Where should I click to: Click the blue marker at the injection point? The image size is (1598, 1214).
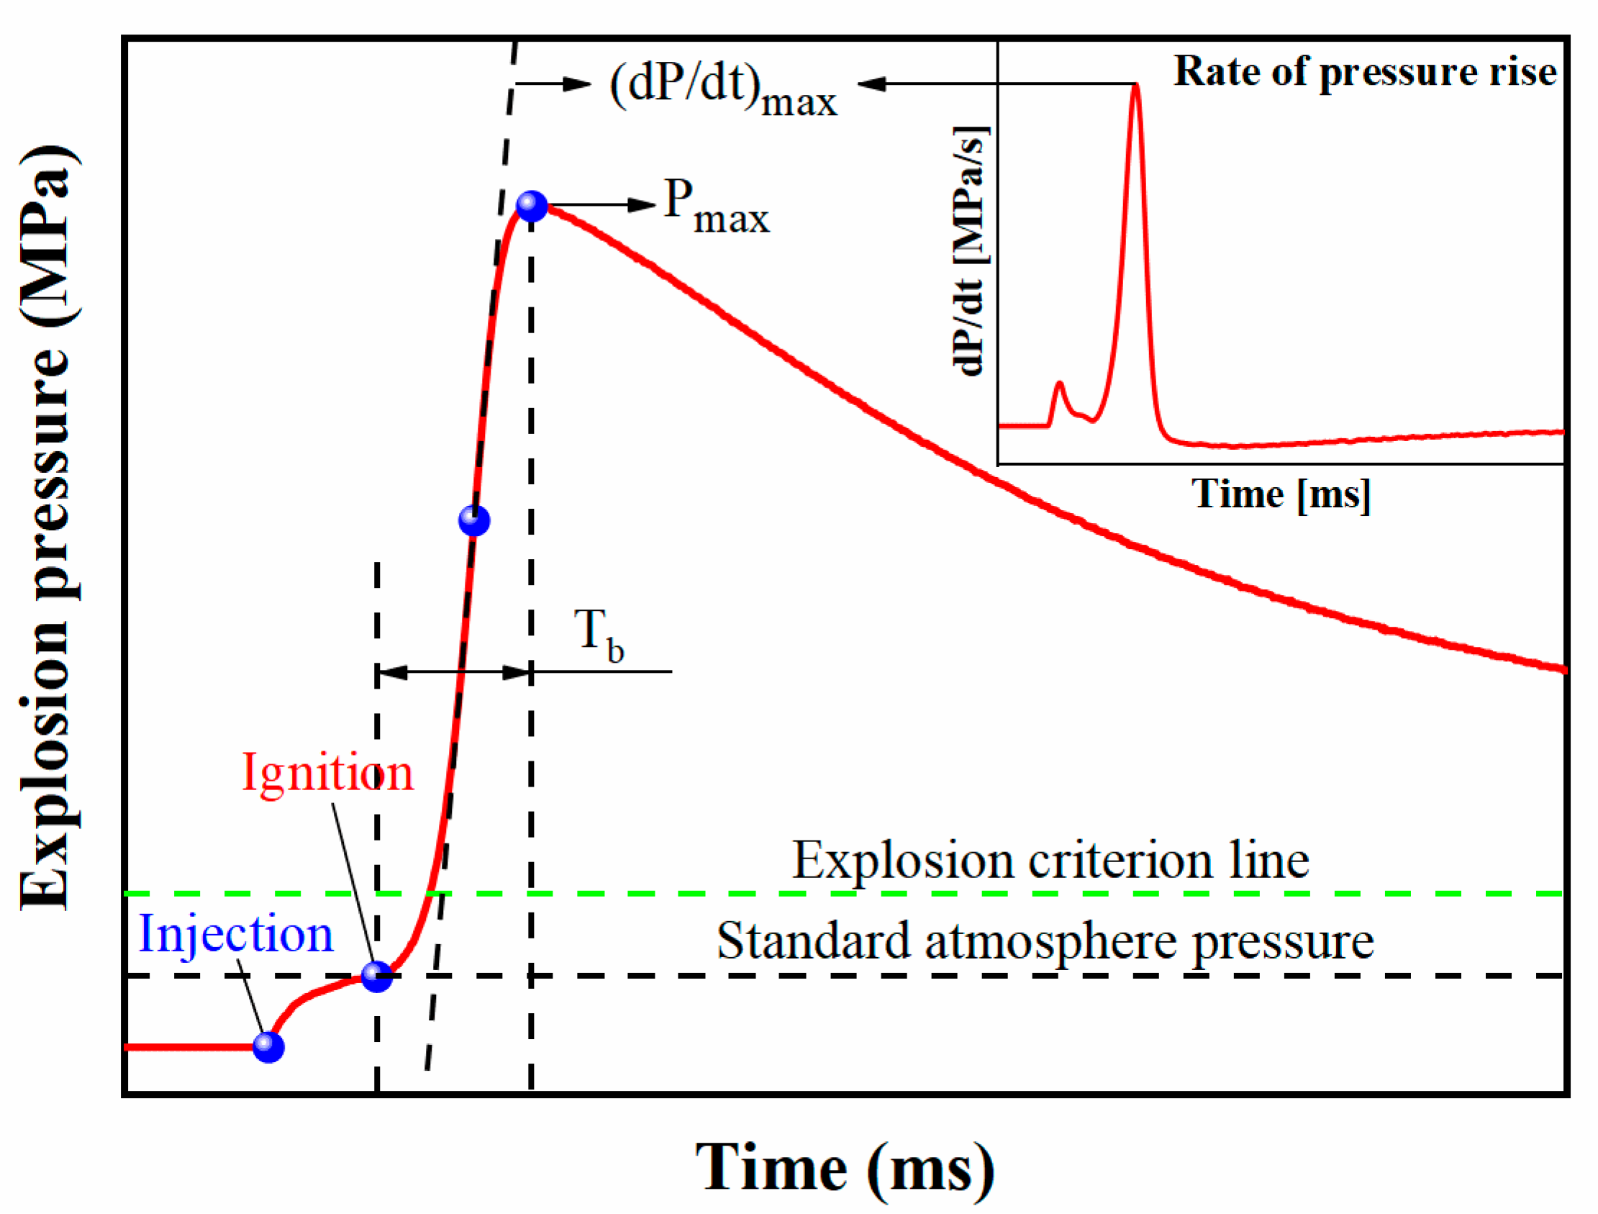click(x=268, y=1046)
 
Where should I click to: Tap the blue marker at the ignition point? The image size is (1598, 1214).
click(x=376, y=977)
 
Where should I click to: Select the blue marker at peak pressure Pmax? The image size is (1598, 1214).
click(x=532, y=206)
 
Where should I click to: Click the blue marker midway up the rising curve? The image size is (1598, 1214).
click(x=474, y=520)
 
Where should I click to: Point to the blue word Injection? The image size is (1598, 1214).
click(x=235, y=934)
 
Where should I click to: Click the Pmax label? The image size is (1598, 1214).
click(x=715, y=208)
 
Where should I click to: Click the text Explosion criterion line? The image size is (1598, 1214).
click(x=1050, y=861)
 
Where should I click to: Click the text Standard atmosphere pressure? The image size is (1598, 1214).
click(x=1045, y=941)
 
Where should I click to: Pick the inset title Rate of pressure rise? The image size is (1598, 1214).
click(x=1364, y=71)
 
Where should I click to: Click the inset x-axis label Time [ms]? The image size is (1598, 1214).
click(x=1280, y=495)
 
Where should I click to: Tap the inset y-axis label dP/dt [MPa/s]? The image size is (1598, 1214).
click(x=968, y=250)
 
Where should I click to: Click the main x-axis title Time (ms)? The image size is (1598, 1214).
click(x=844, y=1168)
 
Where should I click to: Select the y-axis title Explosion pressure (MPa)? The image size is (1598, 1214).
click(x=47, y=527)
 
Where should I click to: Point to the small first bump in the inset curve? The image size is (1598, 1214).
click(x=1059, y=384)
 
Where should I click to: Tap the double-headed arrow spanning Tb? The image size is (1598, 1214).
click(x=454, y=673)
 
